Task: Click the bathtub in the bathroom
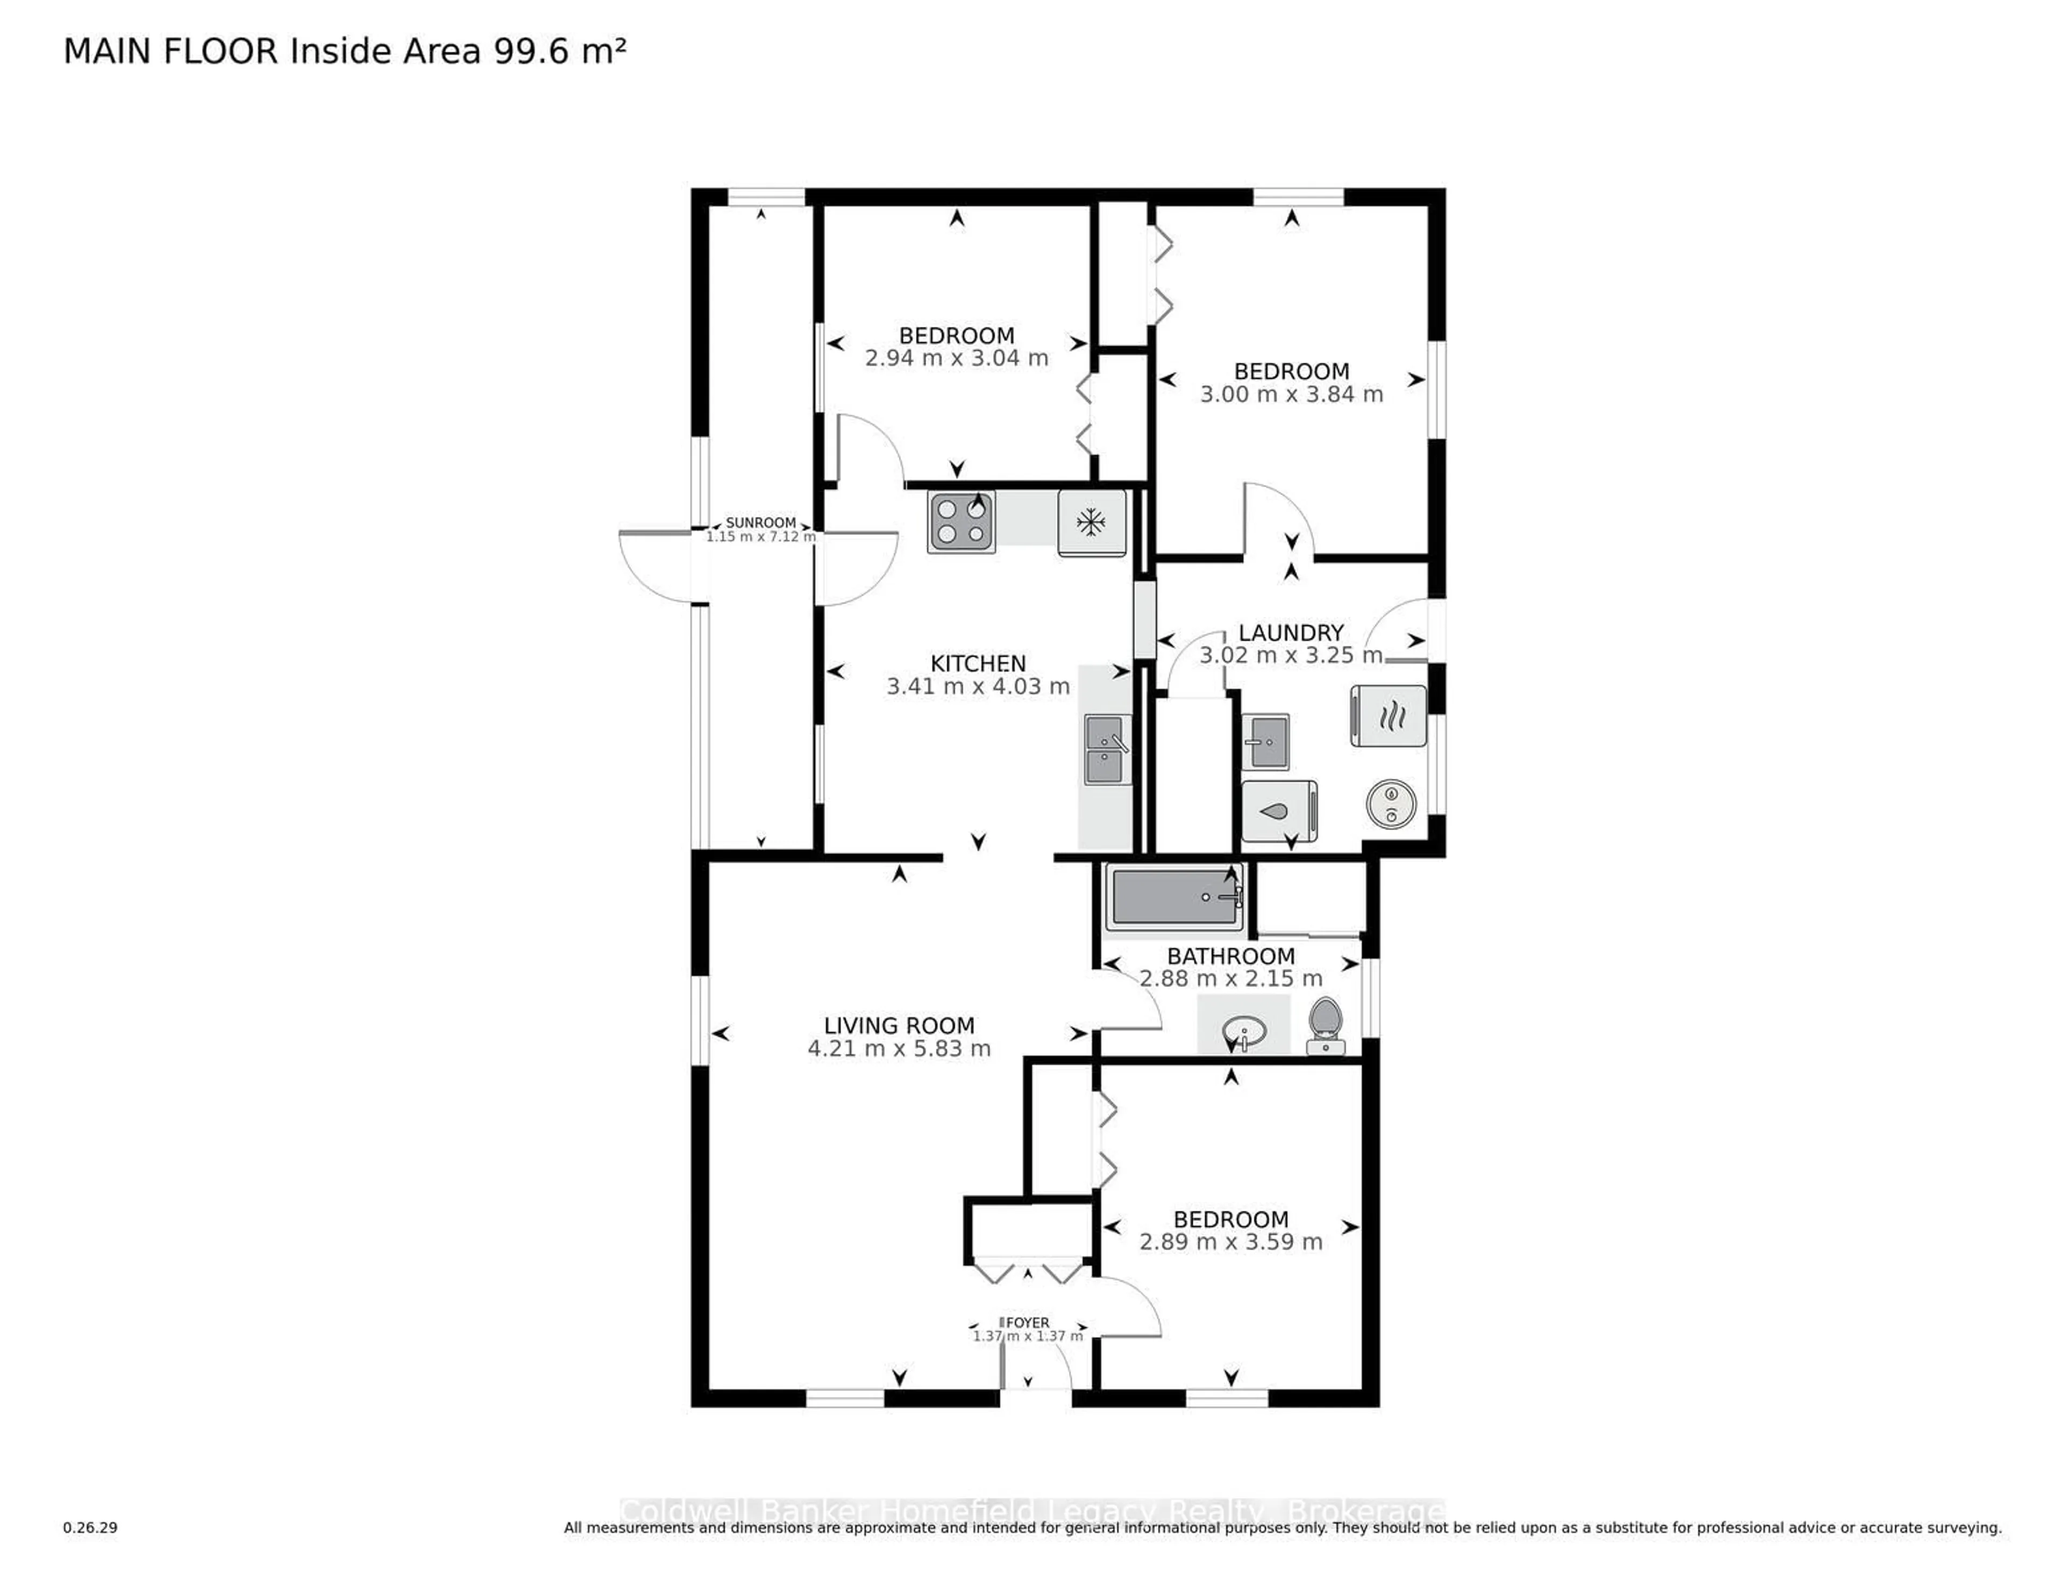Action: pos(1175,897)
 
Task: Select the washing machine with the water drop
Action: pos(1278,810)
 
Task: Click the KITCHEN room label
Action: pos(978,664)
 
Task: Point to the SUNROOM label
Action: pos(760,523)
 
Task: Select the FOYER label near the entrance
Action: pos(1027,1322)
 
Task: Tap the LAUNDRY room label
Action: pos(1291,633)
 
